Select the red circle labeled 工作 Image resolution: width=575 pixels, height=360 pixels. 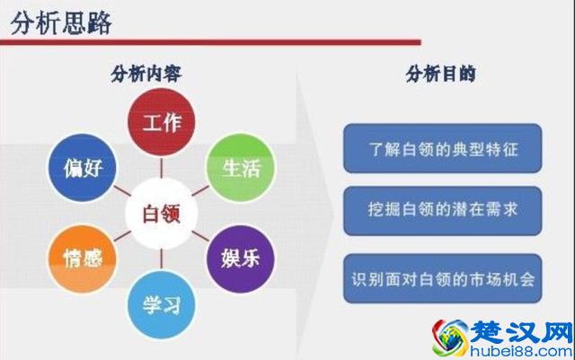pos(161,121)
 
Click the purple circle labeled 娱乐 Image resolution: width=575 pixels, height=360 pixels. pos(240,257)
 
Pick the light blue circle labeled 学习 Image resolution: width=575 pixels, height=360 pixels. pos(162,303)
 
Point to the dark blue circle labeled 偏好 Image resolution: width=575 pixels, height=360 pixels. pos(75,167)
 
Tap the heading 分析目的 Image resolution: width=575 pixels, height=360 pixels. pos(442,75)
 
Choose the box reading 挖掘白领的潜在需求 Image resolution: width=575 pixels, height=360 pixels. pos(443,211)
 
